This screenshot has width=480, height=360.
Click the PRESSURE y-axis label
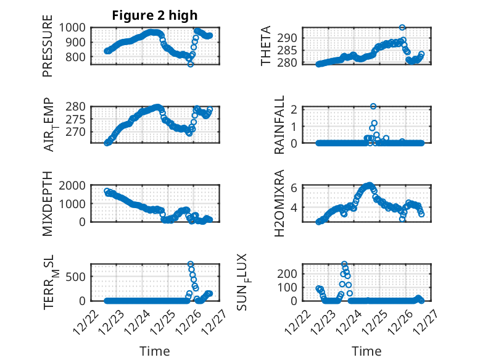tap(48, 50)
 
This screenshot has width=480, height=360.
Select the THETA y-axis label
tap(266, 46)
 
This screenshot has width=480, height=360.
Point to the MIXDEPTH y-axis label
tap(48, 204)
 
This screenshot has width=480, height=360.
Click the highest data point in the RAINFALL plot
tap(373, 106)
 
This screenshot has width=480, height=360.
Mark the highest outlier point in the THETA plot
tap(402, 27)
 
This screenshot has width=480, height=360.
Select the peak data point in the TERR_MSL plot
tap(190, 264)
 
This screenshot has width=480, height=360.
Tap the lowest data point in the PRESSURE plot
tap(190, 64)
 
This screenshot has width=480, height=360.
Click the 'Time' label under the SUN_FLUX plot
tap(366, 351)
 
